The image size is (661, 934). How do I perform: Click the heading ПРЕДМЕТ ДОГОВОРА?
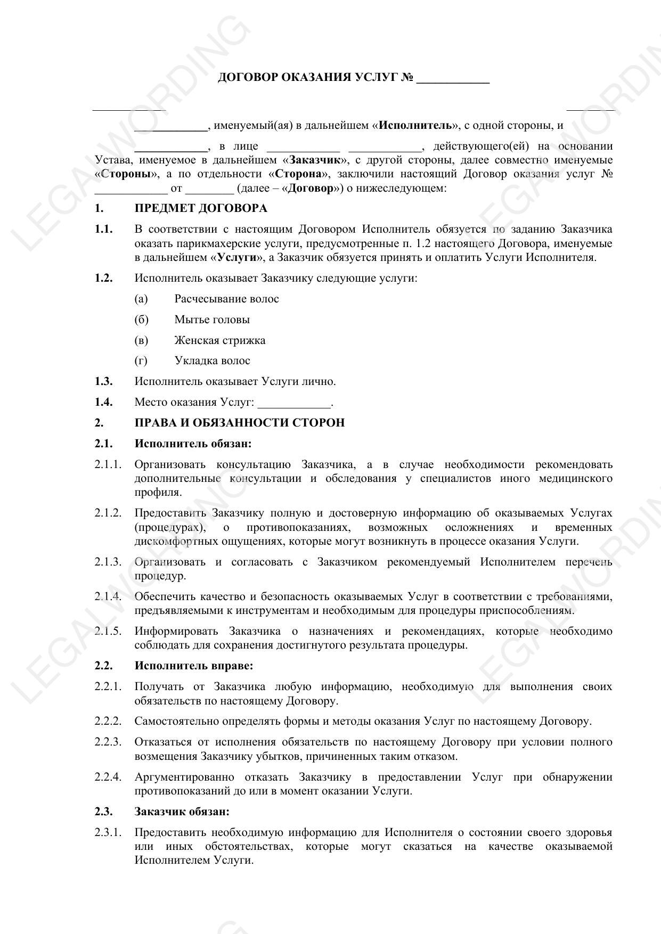[x=200, y=208]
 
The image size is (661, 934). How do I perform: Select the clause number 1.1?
[x=104, y=230]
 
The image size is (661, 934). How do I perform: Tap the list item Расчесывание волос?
[x=226, y=299]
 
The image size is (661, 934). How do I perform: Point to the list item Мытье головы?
[x=212, y=320]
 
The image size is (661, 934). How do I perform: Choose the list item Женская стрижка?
[x=219, y=341]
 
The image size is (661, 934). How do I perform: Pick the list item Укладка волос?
[x=212, y=361]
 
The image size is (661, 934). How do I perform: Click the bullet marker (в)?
[x=141, y=341]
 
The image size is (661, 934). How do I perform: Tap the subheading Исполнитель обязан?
[x=193, y=444]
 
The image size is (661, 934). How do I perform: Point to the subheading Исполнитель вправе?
[x=194, y=666]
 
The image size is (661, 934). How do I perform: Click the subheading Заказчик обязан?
[x=182, y=812]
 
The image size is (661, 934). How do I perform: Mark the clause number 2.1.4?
[x=108, y=596]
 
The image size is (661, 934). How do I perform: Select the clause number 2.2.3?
[x=108, y=742]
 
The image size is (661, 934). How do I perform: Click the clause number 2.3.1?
[x=108, y=832]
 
